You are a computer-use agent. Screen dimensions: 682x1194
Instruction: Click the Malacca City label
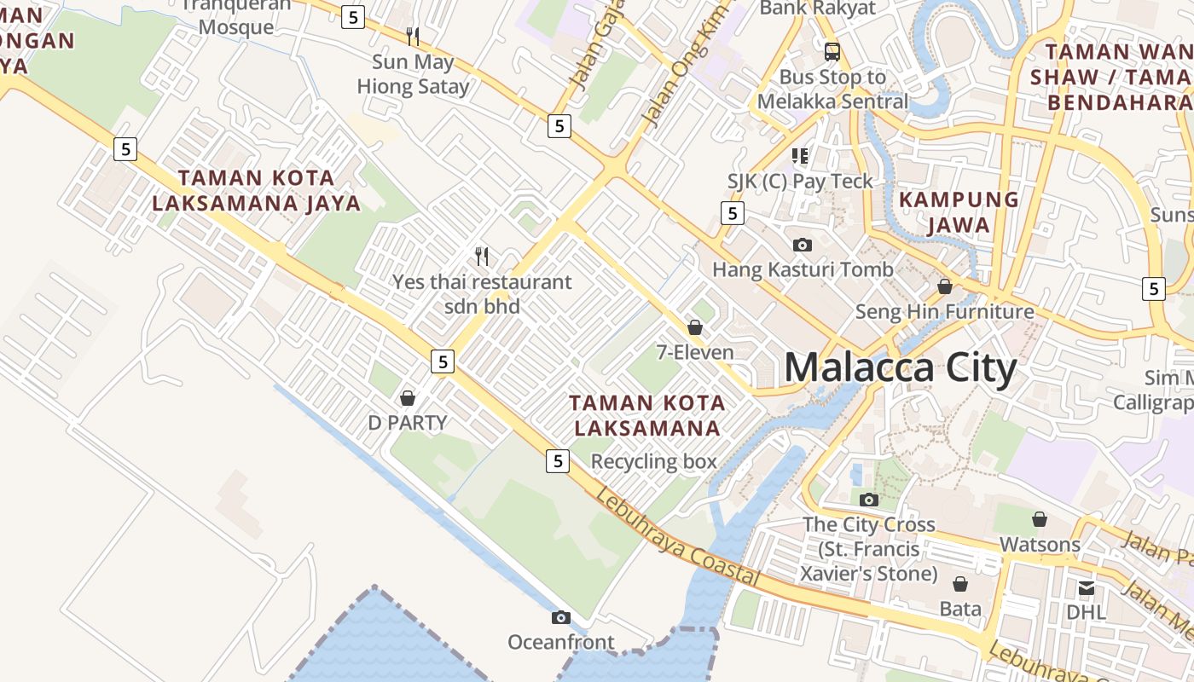click(x=900, y=368)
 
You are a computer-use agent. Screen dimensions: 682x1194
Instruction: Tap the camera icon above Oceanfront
click(x=560, y=617)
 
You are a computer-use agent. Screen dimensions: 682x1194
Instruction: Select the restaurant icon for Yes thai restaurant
click(x=482, y=256)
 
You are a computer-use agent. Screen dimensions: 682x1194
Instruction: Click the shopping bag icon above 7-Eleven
click(x=695, y=327)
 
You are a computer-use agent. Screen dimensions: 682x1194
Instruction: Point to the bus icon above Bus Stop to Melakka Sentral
click(x=832, y=51)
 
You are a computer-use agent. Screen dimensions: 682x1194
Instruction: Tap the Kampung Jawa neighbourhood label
click(x=959, y=212)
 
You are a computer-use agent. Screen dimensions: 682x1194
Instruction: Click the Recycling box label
click(x=653, y=462)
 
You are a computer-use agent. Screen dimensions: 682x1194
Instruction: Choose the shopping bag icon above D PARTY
click(x=408, y=398)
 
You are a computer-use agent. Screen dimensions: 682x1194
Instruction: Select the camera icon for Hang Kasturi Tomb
click(x=803, y=245)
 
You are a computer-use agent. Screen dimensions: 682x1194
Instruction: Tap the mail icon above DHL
click(x=1086, y=587)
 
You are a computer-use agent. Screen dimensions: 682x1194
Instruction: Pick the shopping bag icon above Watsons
click(x=1040, y=519)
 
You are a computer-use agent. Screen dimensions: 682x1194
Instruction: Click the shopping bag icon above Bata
click(x=960, y=584)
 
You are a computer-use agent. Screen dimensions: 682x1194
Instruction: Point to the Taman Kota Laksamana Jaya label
click(x=269, y=191)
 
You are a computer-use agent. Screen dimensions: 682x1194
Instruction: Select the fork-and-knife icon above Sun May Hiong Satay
click(x=413, y=37)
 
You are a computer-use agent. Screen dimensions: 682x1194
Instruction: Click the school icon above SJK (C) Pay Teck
click(x=800, y=155)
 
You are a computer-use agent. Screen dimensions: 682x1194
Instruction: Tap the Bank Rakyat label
click(x=817, y=9)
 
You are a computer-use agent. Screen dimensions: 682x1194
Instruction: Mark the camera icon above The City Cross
click(x=869, y=500)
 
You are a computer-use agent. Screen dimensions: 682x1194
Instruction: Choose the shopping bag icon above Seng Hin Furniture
click(x=945, y=286)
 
